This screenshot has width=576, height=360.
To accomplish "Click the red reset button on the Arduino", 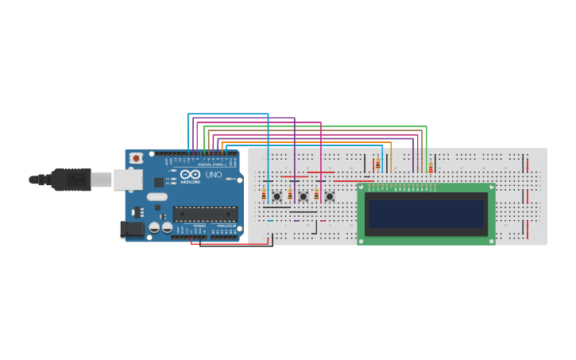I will pyautogui.click(x=136, y=158).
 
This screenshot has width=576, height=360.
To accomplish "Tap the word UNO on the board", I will pyautogui.click(x=214, y=175).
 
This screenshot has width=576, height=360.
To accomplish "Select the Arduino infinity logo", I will pyautogui.click(x=190, y=174).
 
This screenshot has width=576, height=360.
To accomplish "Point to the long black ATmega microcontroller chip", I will pyautogui.click(x=205, y=213).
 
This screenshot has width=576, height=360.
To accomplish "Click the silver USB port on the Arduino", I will pyautogui.click(x=127, y=180).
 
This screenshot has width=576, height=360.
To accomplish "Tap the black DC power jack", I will pyautogui.click(x=132, y=230).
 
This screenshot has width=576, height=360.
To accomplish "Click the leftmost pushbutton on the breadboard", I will pyautogui.click(x=276, y=195).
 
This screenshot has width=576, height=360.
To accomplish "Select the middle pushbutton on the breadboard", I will pyautogui.click(x=303, y=195).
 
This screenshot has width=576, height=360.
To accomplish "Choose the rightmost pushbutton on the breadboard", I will pyautogui.click(x=329, y=195).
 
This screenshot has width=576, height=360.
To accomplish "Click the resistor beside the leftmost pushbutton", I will pyautogui.click(x=264, y=195).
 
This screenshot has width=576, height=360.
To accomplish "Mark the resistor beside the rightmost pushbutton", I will pyautogui.click(x=316, y=195).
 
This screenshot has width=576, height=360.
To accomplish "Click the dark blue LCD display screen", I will pyautogui.click(x=426, y=214).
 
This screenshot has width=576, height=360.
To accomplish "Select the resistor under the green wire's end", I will pyautogui.click(x=430, y=166).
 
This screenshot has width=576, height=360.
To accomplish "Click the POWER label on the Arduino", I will pyautogui.click(x=199, y=226).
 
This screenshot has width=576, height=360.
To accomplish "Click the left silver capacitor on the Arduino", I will pyautogui.click(x=155, y=228).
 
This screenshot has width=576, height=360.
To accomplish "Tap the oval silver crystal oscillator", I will pyautogui.click(x=157, y=196).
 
